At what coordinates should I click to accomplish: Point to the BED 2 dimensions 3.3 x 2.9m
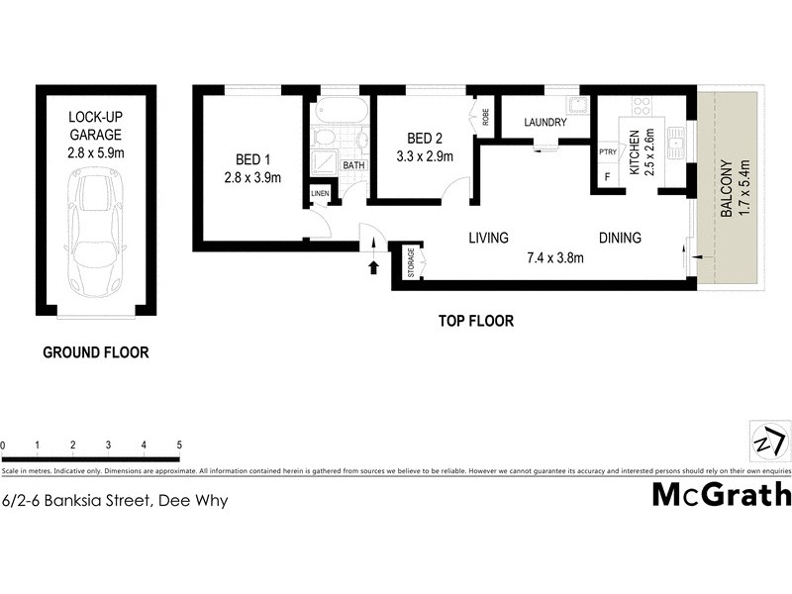424,156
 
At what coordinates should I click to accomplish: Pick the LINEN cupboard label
320,194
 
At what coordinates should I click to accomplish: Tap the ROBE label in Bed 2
485,115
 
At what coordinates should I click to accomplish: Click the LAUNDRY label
544,123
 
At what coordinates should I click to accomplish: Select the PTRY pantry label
608,151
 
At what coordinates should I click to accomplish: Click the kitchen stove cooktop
642,106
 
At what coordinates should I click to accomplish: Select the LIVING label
488,238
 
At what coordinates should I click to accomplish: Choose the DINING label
620,238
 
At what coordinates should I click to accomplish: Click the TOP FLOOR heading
475,321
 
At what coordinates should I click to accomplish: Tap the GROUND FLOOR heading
95,351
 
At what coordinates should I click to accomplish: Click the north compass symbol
770,439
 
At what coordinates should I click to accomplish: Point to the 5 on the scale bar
178,445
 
